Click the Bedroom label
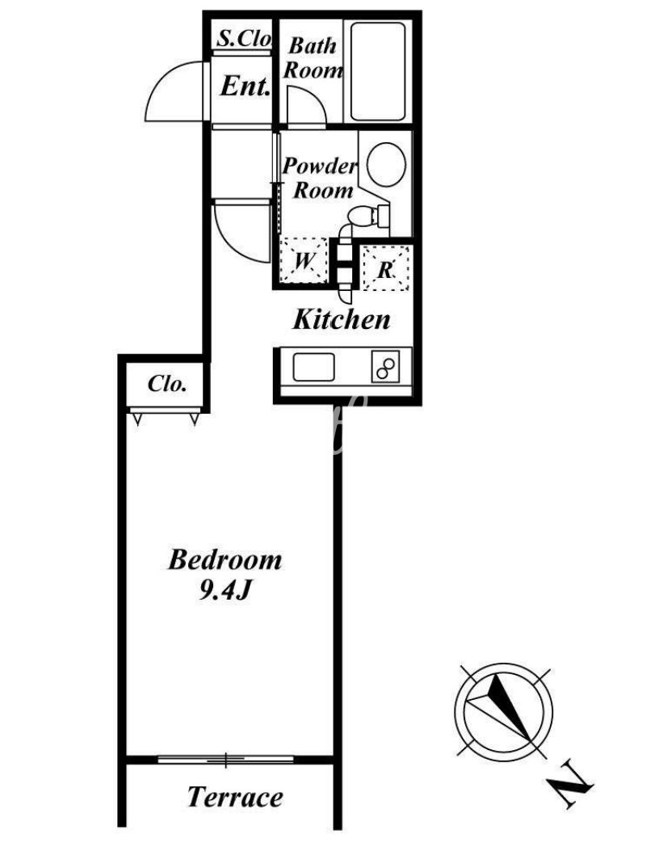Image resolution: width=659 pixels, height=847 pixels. tap(225, 559)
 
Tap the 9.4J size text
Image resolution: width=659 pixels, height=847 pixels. tap(225, 592)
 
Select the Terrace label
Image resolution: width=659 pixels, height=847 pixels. tap(235, 798)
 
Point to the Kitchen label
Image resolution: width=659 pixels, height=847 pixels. tap(342, 319)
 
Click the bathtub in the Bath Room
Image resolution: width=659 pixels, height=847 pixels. tap(378, 72)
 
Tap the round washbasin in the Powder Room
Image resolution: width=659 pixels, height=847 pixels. tap(386, 164)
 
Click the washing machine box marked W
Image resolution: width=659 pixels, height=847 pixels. tap(304, 260)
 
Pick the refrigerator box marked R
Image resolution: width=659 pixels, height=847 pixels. tap(385, 268)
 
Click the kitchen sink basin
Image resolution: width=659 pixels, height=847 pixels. tap(313, 367)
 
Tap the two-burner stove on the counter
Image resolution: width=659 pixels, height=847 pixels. tap(385, 366)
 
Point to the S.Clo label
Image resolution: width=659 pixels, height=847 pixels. tap(244, 38)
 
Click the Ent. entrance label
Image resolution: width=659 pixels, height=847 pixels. tap(245, 86)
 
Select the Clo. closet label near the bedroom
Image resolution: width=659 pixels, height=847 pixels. tap(167, 384)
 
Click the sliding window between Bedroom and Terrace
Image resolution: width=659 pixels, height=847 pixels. tap(226, 760)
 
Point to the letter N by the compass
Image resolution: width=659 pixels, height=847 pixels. tap(570, 784)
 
